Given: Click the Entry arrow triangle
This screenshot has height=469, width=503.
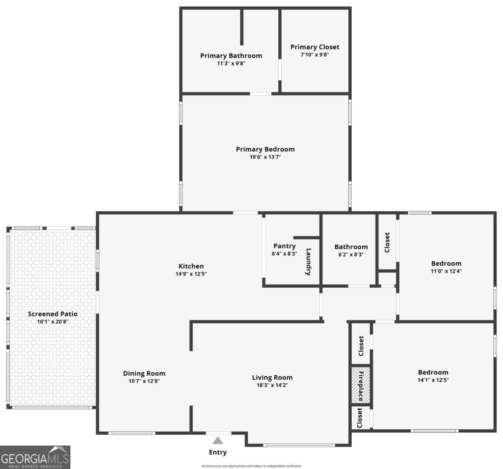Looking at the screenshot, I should tap(217, 440).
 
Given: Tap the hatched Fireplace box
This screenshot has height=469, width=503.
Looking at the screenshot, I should tap(360, 386).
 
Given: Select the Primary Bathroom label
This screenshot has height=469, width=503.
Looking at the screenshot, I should tap(231, 56).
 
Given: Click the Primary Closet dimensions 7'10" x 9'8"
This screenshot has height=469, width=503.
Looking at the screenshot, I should tap(315, 54).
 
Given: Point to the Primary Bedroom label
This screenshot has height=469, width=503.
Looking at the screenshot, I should tap(265, 149).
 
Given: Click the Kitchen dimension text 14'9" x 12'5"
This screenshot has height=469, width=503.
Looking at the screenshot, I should tap(191, 274).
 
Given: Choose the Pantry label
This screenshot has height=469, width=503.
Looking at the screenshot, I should tap(284, 246).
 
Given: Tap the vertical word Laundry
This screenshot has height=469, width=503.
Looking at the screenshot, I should tap(309, 262).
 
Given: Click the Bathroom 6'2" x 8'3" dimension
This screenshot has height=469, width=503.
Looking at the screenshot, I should tap(351, 254).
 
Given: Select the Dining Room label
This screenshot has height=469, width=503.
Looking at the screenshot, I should tap(144, 374).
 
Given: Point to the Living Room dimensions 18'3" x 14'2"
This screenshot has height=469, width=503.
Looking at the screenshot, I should tap(272, 385).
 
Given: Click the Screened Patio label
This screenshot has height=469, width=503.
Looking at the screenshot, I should tap(53, 314).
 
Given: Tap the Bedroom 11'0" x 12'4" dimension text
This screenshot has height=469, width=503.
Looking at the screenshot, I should tap(446, 271).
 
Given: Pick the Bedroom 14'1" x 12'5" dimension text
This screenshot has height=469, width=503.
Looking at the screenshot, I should tap(433, 380).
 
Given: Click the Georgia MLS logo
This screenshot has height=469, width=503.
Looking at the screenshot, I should tap(35, 457).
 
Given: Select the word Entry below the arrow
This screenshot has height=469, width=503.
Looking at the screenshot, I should tap(218, 452).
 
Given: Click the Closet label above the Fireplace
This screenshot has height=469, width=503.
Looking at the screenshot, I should tap(361, 345).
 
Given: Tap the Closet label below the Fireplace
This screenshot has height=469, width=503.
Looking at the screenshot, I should tap(360, 418).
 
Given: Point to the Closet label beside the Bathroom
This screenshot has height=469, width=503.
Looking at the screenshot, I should tap(387, 242).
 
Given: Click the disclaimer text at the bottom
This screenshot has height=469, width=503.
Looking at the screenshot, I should tap(251, 466).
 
